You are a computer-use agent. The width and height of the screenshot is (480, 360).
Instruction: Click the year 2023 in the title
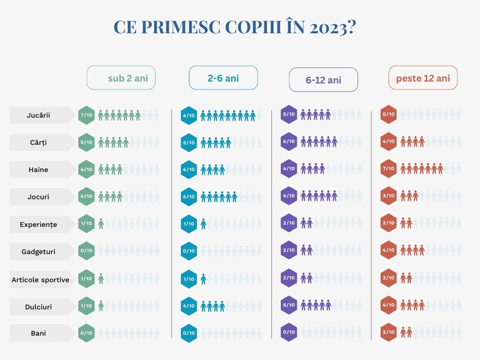pyautogui.click(x=332, y=28)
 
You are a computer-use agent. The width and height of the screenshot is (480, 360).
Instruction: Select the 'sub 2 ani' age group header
pyautogui.click(x=121, y=78)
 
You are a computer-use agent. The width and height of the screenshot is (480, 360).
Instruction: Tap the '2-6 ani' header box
pyautogui.click(x=223, y=78)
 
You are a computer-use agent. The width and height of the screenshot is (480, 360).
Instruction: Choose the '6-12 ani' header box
pyautogui.click(x=324, y=79)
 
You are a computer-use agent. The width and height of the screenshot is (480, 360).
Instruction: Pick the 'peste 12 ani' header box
pyautogui.click(x=423, y=78)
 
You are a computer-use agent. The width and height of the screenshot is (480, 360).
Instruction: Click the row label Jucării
pyautogui.click(x=39, y=115)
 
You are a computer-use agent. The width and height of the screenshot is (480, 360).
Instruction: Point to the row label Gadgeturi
pyautogui.click(x=39, y=252)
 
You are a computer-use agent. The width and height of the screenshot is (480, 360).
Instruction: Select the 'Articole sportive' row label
pyautogui.click(x=40, y=279)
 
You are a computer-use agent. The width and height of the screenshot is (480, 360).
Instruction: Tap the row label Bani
pyautogui.click(x=39, y=333)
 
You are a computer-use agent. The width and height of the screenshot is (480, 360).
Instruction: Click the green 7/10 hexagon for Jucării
pyautogui.click(x=87, y=115)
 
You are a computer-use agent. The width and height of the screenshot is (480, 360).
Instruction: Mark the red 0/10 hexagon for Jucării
pyautogui.click(x=389, y=115)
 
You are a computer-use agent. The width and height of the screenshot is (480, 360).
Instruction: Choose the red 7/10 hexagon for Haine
pyautogui.click(x=389, y=169)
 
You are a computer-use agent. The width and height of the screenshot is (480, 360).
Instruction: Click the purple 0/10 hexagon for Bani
pyautogui.click(x=289, y=333)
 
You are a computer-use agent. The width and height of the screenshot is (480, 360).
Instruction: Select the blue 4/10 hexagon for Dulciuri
pyautogui.click(x=188, y=306)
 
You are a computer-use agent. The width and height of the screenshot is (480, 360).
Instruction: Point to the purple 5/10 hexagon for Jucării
pyautogui.click(x=289, y=115)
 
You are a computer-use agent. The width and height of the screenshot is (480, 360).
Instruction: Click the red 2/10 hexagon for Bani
pyautogui.click(x=389, y=333)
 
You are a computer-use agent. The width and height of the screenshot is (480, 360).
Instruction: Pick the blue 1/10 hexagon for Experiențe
pyautogui.click(x=188, y=224)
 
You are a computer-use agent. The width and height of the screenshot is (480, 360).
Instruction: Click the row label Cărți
pyautogui.click(x=39, y=143)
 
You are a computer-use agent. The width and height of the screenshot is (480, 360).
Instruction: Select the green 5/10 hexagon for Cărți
pyautogui.click(x=87, y=143)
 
